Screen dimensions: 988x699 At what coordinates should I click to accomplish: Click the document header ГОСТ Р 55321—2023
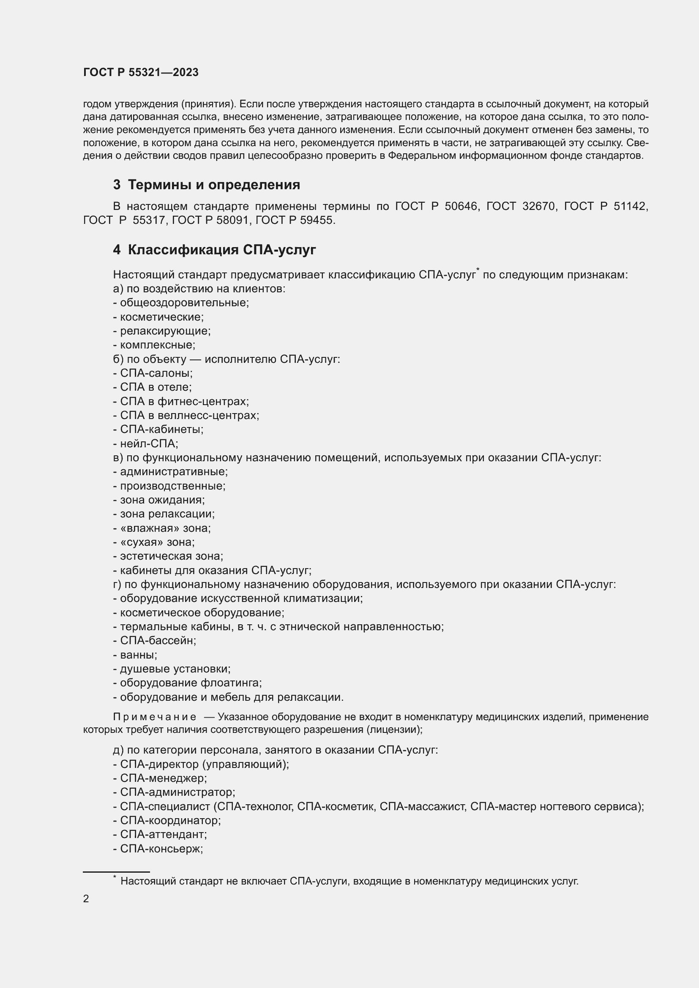click(x=141, y=72)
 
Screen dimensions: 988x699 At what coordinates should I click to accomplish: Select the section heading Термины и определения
click(x=214, y=185)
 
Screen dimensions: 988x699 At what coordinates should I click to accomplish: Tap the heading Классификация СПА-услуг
click(x=222, y=250)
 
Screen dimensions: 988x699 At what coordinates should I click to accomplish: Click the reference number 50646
click(x=461, y=207)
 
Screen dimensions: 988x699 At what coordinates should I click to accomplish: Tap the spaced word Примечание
click(x=155, y=717)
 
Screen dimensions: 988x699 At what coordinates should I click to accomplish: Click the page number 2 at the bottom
click(x=86, y=898)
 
